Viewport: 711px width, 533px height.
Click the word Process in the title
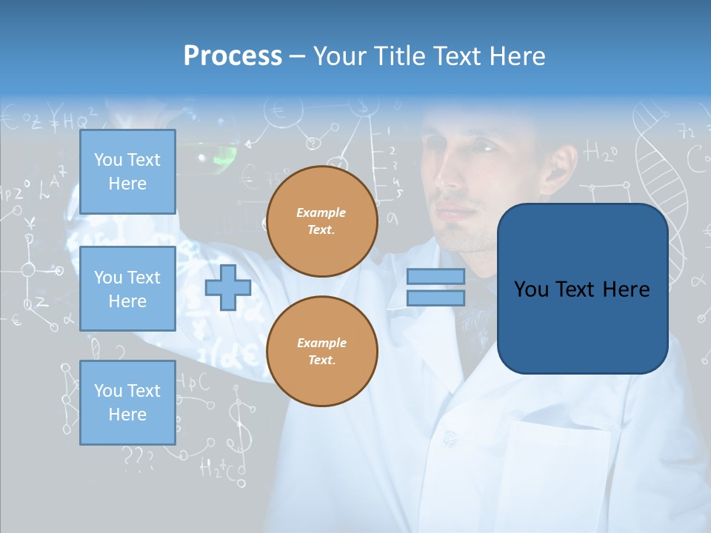(x=233, y=56)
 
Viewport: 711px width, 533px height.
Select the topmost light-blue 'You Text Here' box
(x=127, y=172)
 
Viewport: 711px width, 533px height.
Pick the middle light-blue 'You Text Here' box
(x=127, y=289)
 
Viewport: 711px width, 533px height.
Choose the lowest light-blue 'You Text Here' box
(x=127, y=403)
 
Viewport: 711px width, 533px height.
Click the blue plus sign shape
(x=228, y=288)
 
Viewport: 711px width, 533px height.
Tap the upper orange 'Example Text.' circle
(x=322, y=221)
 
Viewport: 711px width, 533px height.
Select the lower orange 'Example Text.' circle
(x=322, y=351)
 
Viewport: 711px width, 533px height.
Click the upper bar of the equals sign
(x=435, y=276)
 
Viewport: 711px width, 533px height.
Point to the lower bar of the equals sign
(x=435, y=298)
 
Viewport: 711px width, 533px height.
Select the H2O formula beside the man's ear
(x=601, y=153)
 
